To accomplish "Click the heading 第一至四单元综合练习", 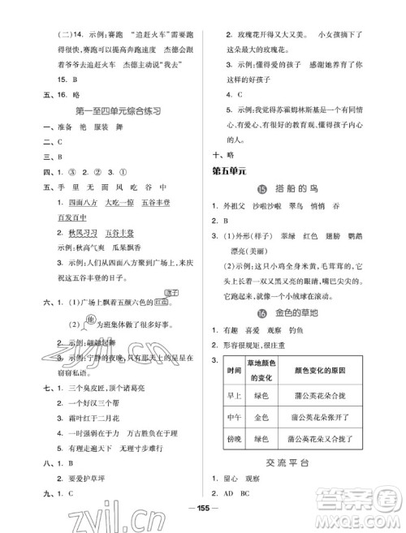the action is coord(109,110).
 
